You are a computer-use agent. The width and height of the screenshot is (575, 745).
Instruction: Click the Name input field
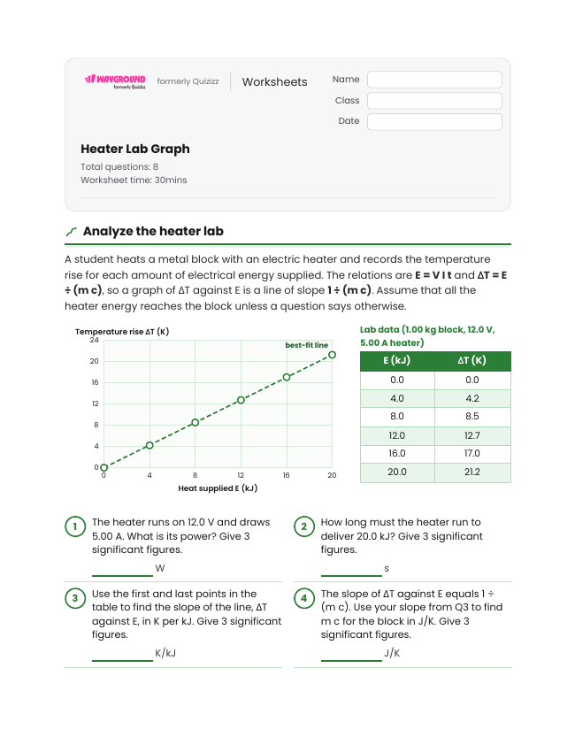pos(434,80)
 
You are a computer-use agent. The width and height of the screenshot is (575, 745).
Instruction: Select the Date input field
pos(434,121)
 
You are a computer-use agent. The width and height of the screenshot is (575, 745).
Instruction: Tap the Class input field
pos(434,101)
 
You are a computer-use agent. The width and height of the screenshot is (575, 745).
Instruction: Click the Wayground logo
pos(116,81)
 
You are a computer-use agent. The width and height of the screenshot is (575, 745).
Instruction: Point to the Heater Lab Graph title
pos(135,149)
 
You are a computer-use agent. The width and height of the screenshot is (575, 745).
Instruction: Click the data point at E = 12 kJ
pos(241,400)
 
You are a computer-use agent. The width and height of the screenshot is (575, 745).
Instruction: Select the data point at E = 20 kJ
pos(332,355)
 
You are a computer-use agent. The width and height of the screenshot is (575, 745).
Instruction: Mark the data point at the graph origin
pos(104,467)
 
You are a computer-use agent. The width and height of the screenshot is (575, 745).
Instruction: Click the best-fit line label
pos(306,345)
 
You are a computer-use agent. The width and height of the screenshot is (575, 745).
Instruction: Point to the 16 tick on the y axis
pos(95,382)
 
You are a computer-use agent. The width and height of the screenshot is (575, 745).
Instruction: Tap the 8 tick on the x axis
pos(195,475)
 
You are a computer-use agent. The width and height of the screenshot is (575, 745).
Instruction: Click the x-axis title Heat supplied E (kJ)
pos(218,488)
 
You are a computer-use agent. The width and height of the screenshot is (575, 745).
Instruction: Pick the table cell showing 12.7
pos(472,435)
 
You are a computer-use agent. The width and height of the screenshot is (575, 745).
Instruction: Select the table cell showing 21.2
pos(472,472)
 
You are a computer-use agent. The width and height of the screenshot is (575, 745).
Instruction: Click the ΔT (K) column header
pos(472,361)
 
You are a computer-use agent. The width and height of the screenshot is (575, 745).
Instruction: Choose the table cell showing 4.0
pos(397,398)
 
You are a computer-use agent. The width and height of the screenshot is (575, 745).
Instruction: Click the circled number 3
pos(75,598)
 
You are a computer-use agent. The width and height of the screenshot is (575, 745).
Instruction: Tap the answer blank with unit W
pos(122,575)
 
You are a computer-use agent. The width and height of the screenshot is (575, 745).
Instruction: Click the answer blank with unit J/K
pos(351,660)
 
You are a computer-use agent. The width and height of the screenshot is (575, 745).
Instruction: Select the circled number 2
pos(304,526)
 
